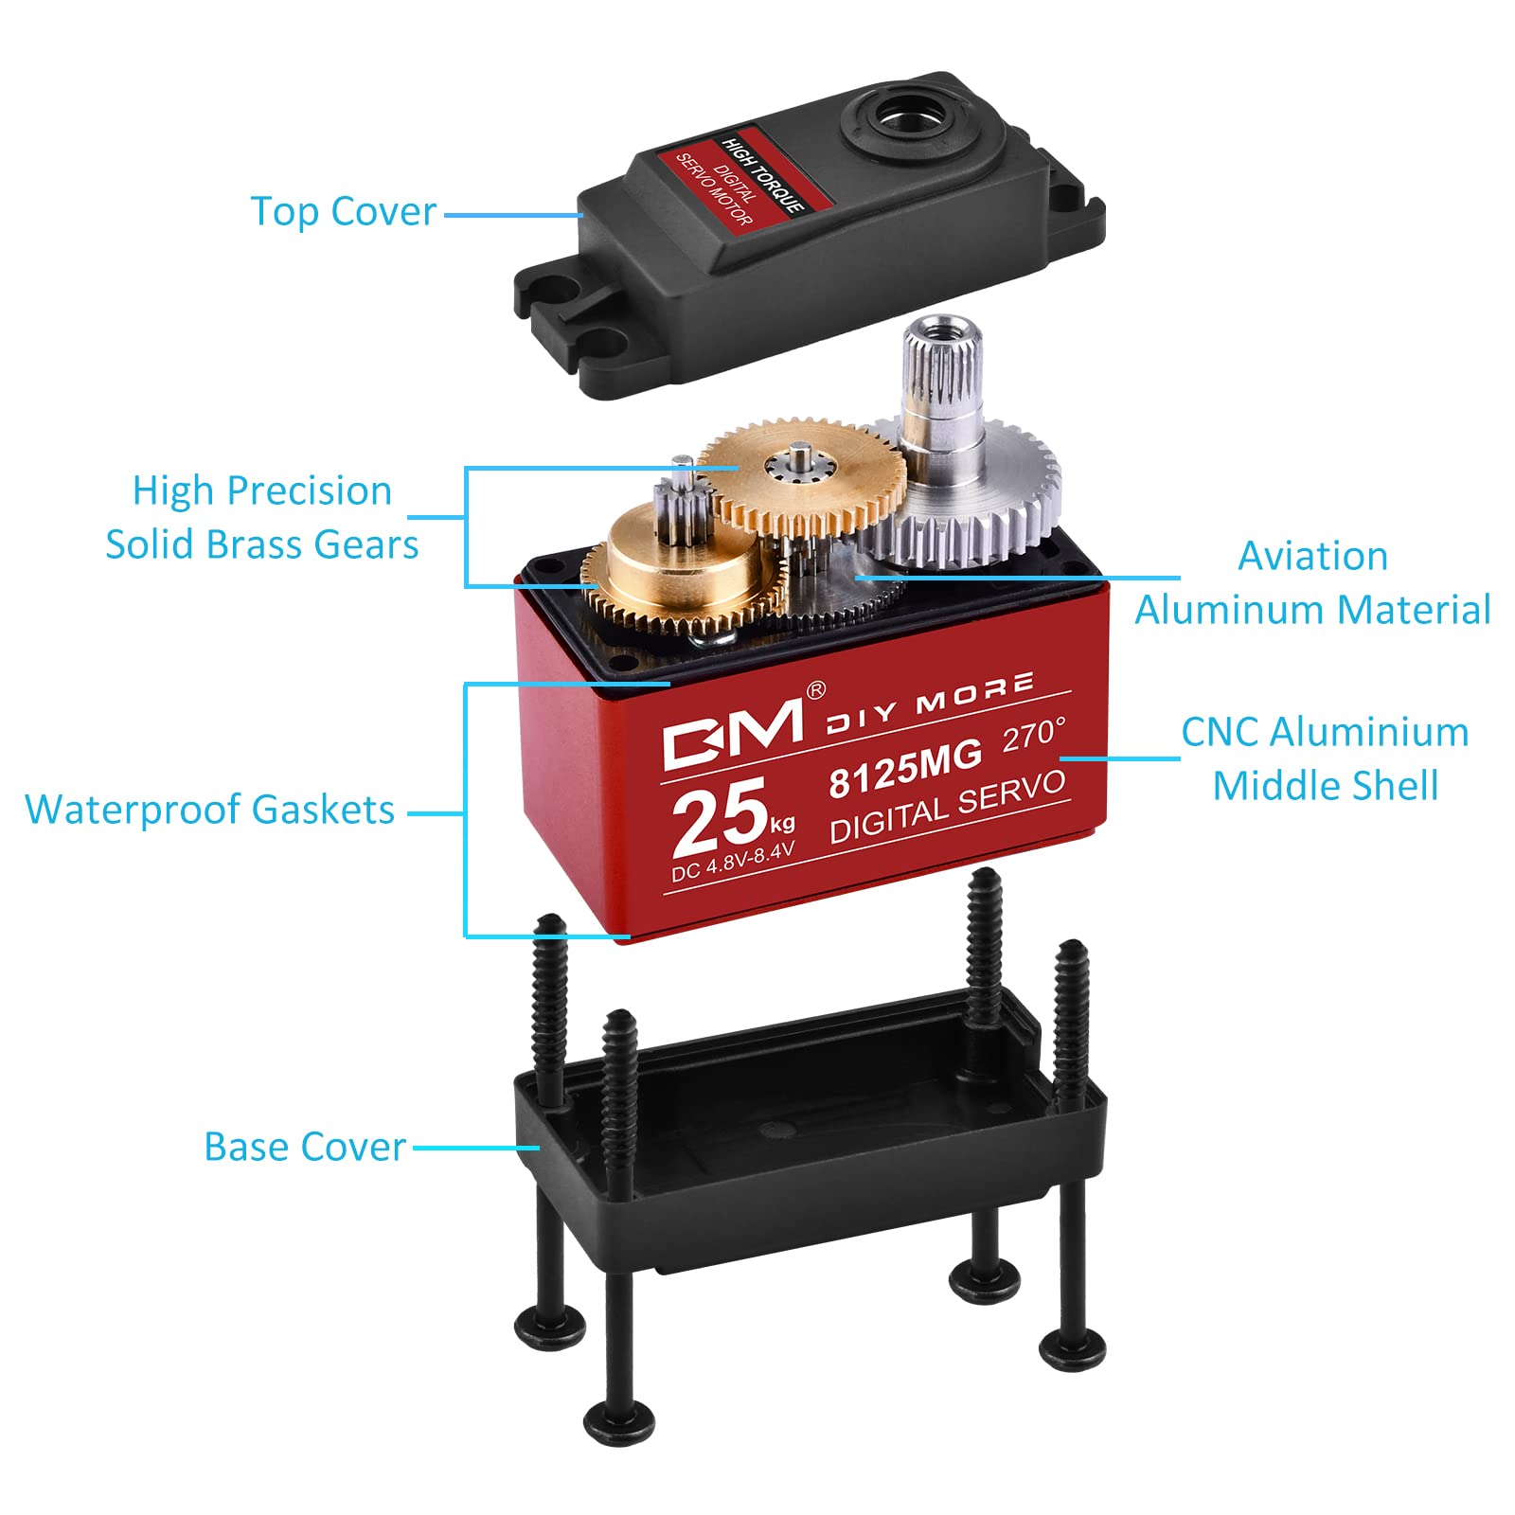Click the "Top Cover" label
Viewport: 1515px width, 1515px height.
[344, 212]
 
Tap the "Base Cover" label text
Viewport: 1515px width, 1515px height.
[305, 1147]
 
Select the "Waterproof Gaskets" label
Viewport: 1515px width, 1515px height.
[210, 811]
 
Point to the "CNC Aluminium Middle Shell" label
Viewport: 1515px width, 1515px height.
[1326, 758]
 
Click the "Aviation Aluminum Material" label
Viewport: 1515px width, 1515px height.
[1313, 582]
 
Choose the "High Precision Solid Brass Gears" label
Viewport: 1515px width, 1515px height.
[262, 518]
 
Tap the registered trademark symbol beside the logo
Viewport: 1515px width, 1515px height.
[814, 690]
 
